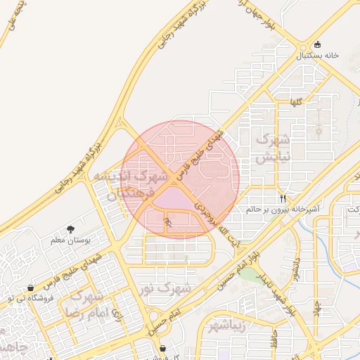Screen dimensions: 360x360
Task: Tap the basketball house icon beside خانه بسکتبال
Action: pyautogui.click(x=318, y=44)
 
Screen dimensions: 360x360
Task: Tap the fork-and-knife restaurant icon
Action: pyautogui.click(x=283, y=199)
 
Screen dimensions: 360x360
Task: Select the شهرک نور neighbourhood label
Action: pyautogui.click(x=165, y=288)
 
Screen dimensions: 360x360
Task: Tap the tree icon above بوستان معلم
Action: pyautogui.click(x=70, y=229)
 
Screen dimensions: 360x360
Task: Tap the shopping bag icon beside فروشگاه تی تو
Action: pyautogui.click(x=30, y=288)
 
